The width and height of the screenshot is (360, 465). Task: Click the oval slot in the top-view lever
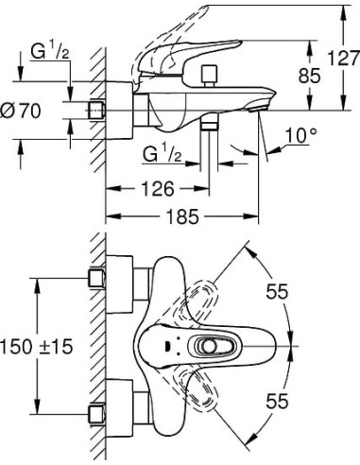coord(216,345)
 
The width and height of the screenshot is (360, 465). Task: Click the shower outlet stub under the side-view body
coord(210,126)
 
